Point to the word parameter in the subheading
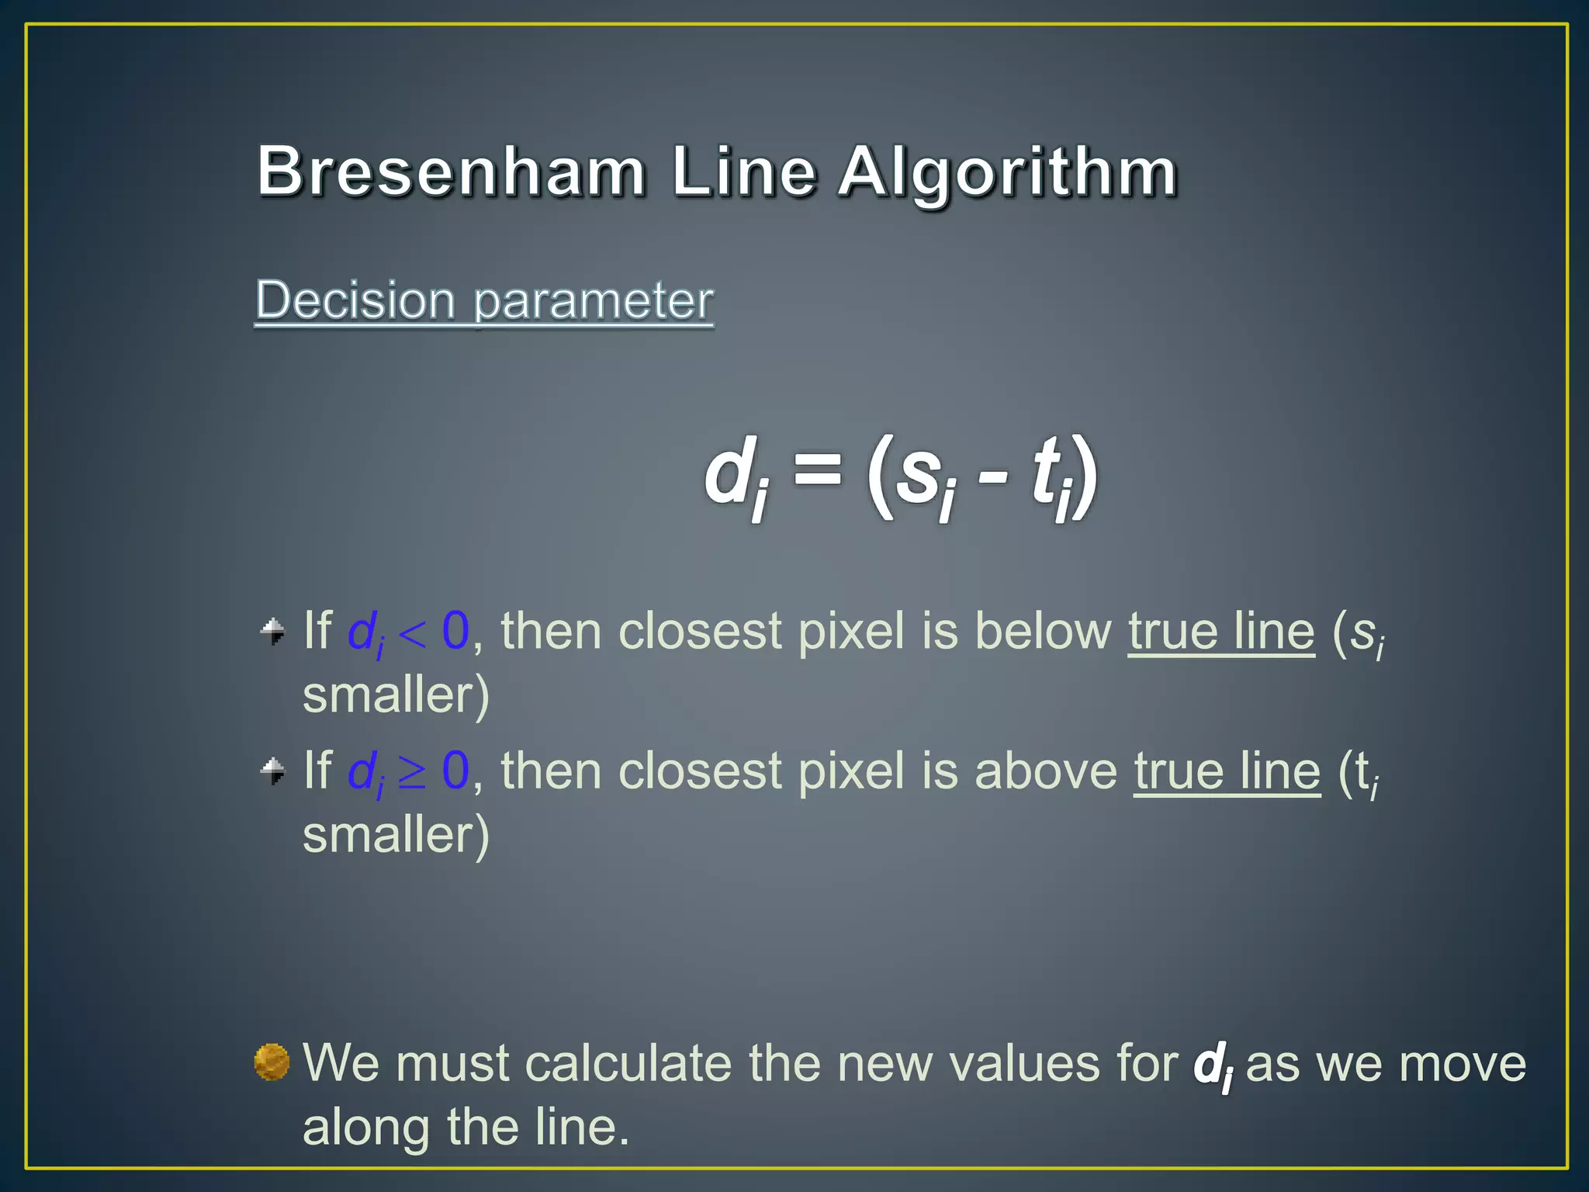593,301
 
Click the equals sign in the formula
818,470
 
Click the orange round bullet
272,1062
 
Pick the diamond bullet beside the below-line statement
272,631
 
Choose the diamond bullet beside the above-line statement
272,771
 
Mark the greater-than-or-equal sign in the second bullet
412,773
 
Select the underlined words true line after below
1221,631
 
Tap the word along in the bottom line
365,1128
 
